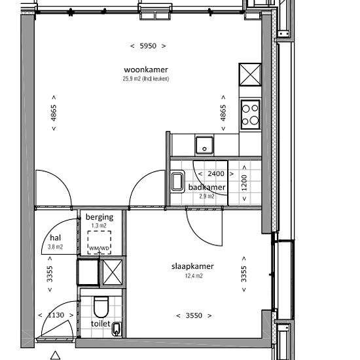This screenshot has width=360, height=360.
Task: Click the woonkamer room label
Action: pos(146,69)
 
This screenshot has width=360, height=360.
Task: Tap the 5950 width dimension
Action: pos(148,46)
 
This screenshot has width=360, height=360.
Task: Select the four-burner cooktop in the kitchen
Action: pos(250,115)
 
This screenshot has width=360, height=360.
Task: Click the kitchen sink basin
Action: pos(204,145)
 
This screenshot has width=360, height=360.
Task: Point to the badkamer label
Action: pos(207,187)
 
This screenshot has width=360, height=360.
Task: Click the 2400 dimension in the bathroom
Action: pos(216,173)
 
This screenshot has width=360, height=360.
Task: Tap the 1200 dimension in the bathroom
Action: pos(244,183)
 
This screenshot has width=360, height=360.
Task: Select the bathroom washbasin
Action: pos(177,181)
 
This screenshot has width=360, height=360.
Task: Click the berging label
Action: pos(99,217)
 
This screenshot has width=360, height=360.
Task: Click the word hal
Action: pos(56,238)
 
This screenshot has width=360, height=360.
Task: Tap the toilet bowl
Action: pos(101,306)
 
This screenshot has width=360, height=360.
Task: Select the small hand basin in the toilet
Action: pos(117,329)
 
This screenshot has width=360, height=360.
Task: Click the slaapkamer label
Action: pos(192,266)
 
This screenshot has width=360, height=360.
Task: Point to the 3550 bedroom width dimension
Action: pos(194,315)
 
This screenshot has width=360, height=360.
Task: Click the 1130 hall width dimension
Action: pos(56,315)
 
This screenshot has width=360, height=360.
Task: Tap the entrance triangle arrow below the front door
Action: pos(55,355)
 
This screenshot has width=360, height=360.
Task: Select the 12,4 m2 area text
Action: pos(194,276)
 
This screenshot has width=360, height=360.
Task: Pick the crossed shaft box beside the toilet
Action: pos(113,272)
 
